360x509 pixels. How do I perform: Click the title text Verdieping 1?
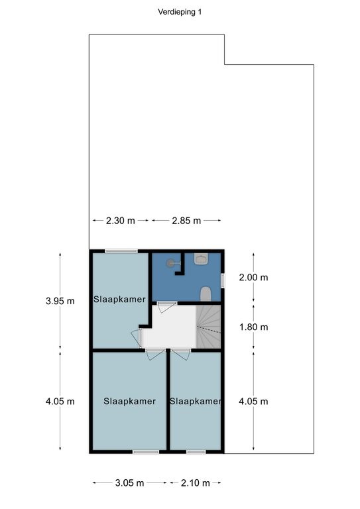180,12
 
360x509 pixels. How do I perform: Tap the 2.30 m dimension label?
121,221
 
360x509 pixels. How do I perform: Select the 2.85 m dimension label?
186,221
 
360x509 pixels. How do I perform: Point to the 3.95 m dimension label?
60,301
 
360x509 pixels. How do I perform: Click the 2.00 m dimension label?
253,277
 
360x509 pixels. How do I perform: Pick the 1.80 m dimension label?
253,327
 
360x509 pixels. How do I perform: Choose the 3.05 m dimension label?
129,483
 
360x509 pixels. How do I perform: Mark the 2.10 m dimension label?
195,483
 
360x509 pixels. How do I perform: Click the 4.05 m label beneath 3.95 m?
60,401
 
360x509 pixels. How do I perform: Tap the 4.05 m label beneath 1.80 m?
253,401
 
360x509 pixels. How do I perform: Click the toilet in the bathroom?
206,294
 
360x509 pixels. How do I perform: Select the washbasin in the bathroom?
201,259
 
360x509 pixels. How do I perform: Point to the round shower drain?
170,263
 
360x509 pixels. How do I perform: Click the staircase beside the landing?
208,327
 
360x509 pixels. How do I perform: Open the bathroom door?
166,306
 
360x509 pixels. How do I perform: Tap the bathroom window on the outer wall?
223,280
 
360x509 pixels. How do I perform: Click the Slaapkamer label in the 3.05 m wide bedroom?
129,401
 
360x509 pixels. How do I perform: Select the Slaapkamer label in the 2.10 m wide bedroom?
195,401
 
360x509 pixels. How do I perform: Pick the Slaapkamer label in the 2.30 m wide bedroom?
119,300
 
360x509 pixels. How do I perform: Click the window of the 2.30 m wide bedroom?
121,251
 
